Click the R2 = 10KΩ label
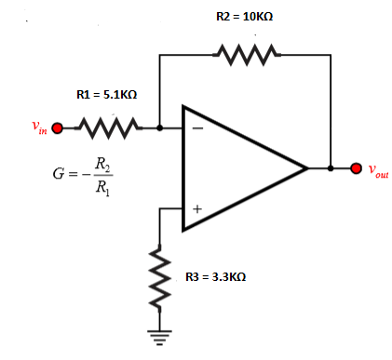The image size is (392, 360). [244, 18]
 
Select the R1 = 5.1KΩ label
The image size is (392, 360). [106, 94]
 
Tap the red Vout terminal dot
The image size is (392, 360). [356, 169]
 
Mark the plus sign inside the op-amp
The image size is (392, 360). [197, 209]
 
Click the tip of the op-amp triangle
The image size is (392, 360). [306, 169]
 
